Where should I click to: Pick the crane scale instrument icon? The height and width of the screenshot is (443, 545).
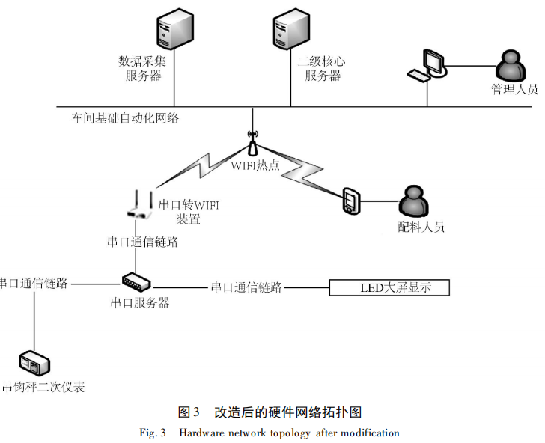coord(35,363)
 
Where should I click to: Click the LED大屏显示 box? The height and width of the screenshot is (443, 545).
coord(389,287)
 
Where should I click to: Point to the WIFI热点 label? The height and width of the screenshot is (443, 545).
coord(255,165)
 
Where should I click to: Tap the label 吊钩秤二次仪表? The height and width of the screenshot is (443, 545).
coord(43,387)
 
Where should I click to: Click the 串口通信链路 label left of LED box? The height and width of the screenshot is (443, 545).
coord(246,287)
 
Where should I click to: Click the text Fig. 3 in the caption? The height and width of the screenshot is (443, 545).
coord(153,433)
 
